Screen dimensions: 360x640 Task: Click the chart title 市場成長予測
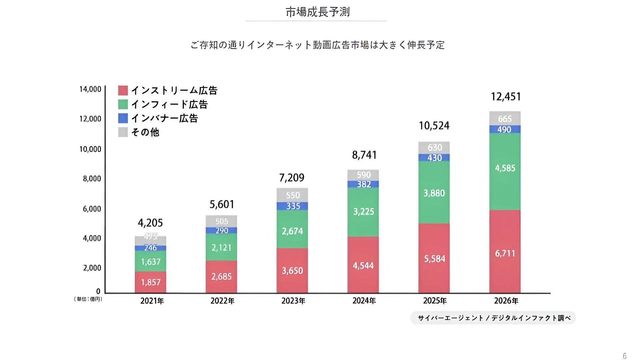317,12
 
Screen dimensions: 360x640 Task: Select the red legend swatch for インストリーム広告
123,90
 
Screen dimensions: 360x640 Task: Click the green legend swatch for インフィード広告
123,104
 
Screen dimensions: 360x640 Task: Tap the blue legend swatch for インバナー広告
123,118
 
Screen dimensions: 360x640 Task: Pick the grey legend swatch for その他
123,132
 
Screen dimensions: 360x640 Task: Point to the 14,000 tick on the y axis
90,89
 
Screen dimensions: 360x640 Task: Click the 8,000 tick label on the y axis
92,179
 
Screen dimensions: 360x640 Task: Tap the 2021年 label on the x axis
152,301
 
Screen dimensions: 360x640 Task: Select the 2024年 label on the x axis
364,301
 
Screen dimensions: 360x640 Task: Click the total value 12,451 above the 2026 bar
506,97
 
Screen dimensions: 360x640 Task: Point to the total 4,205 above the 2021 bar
150,223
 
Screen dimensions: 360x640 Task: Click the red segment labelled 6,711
505,253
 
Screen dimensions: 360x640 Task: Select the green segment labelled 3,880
434,193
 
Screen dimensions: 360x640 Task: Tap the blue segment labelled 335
292,206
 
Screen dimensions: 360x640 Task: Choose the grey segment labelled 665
505,119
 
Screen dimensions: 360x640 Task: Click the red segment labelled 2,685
221,276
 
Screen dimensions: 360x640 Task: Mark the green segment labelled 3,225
363,212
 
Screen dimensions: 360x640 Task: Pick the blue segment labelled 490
505,129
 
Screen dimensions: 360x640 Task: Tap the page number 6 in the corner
624,356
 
